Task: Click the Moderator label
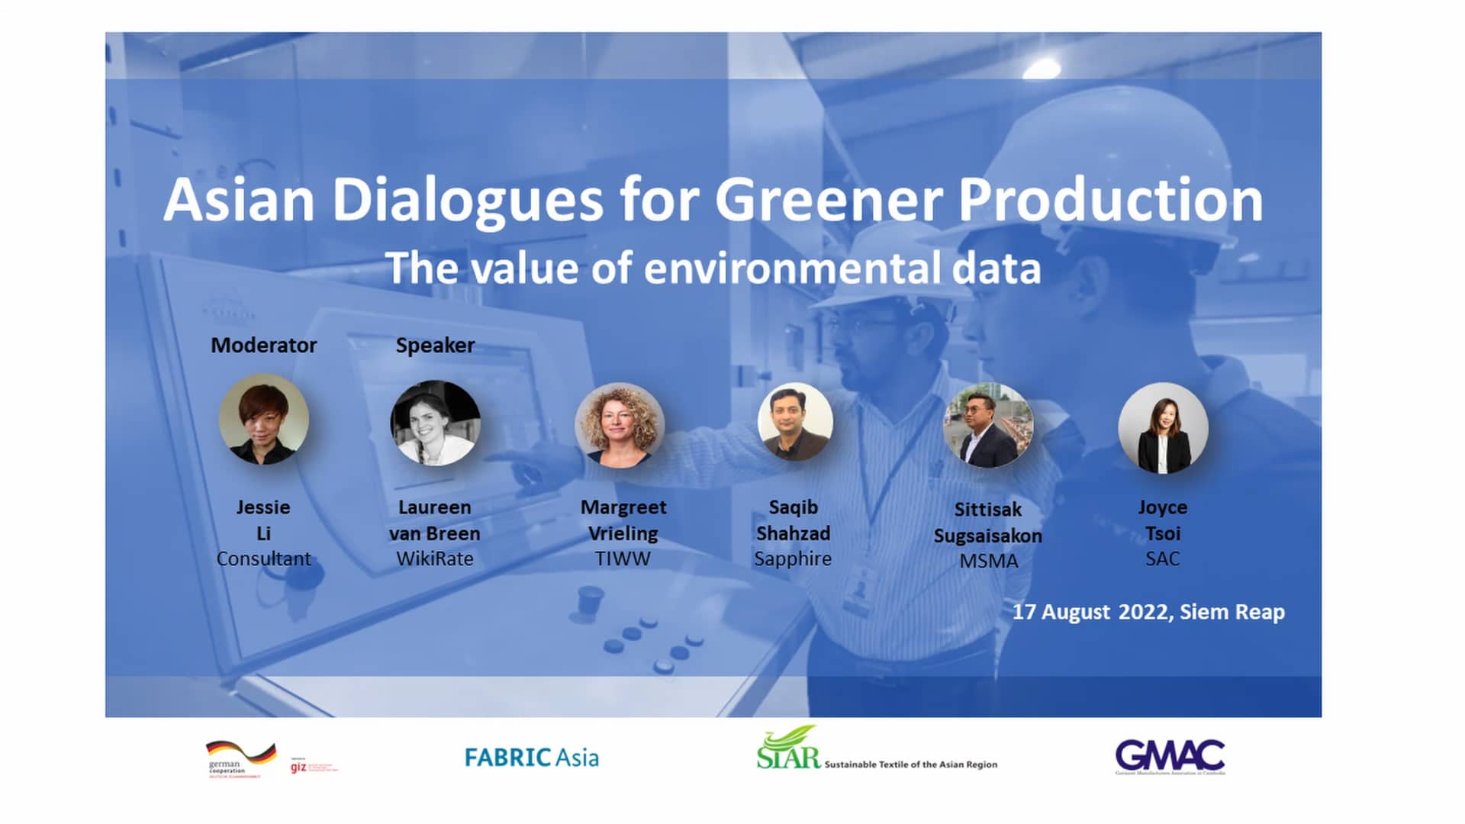coord(263,346)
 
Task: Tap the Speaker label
coord(435,346)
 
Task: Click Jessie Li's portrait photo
coord(264,420)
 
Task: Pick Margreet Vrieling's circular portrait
coord(620,425)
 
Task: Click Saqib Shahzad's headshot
coord(794,422)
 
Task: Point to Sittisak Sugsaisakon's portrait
coord(988,425)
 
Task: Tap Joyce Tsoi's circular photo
coord(1163,427)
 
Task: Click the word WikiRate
coord(435,558)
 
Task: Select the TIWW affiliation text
coord(623,558)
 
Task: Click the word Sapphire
coord(793,558)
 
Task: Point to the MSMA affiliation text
coord(988,561)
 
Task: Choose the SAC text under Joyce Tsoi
coord(1162,558)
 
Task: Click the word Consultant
coord(263,558)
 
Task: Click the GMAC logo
coord(1170,756)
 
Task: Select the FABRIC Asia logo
coord(532,758)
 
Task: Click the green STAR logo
coord(788,750)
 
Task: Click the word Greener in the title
coord(829,200)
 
